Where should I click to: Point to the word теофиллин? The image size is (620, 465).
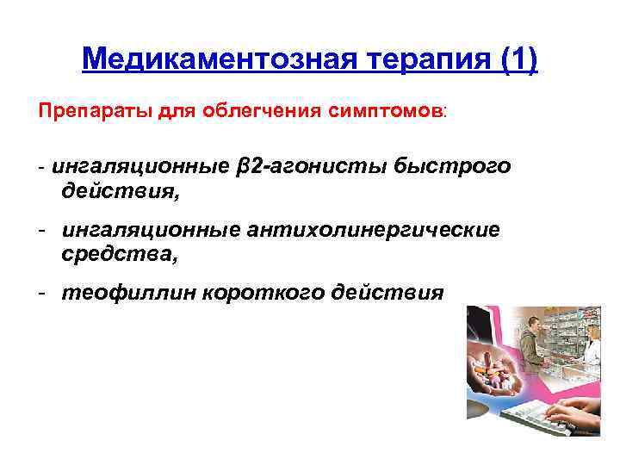point(127,293)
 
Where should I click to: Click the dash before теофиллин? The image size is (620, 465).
point(42,294)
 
